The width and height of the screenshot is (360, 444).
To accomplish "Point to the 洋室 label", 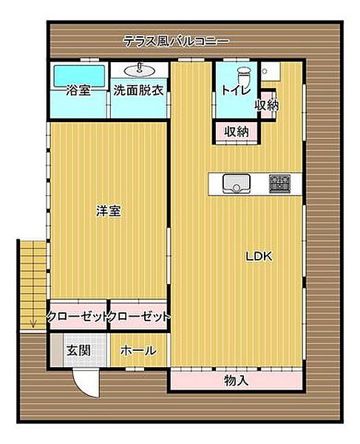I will tap(108, 211).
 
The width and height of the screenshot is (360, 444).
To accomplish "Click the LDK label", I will tap(259, 257).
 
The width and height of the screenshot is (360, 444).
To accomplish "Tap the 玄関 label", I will tap(78, 350).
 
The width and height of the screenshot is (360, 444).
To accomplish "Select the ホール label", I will tap(137, 350).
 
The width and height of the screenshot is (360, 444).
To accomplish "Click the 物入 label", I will tap(236, 380).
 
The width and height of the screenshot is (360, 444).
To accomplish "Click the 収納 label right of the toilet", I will tap(267, 105).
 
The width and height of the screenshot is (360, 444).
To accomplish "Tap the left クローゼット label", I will tap(78, 317).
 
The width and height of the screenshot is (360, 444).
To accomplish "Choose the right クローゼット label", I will tap(139, 317).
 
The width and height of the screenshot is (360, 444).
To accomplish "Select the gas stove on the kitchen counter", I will tap(279, 183).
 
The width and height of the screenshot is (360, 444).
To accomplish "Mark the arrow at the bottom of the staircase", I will tap(33, 320).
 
